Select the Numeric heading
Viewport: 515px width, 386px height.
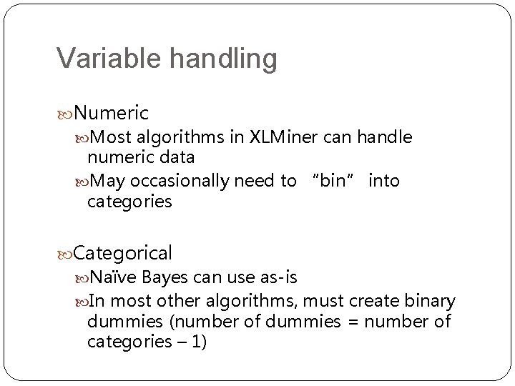click(111, 113)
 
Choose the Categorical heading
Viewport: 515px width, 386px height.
click(122, 252)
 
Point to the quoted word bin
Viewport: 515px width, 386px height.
click(333, 182)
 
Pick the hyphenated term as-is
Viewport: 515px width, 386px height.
click(277, 276)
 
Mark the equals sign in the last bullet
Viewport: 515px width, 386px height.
click(351, 322)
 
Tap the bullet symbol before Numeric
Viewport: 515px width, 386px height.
click(64, 113)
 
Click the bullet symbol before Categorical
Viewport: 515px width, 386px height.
click(64, 253)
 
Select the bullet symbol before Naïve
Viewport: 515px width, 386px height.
click(81, 277)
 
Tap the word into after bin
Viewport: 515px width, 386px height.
click(384, 182)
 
